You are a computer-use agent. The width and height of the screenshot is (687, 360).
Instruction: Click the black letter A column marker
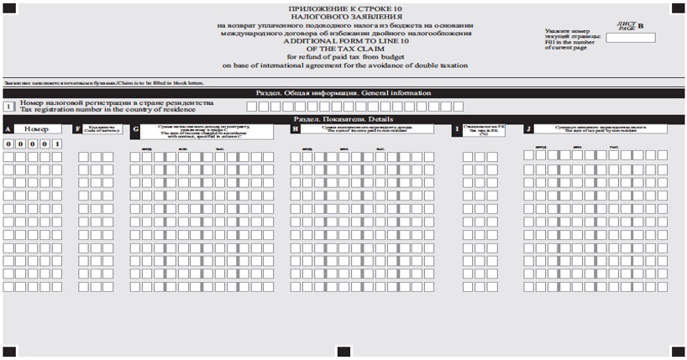point(8,129)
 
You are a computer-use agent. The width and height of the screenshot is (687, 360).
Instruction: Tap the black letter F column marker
point(78,129)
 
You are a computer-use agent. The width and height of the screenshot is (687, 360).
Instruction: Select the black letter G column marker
point(136,129)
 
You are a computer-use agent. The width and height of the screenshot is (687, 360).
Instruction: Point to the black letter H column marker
point(295,129)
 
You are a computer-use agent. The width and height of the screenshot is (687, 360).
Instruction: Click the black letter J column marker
point(527,129)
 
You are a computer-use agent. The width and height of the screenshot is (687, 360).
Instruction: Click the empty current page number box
point(637,37)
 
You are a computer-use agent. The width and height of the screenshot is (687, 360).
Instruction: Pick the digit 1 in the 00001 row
point(56,144)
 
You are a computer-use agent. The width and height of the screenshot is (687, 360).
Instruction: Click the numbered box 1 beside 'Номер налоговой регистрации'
point(8,107)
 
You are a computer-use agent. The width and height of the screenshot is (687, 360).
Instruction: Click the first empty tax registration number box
point(252,107)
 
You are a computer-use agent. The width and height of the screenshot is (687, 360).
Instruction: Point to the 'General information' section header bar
point(343,93)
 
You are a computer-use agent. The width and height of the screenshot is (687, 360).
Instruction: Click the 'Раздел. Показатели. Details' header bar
point(343,119)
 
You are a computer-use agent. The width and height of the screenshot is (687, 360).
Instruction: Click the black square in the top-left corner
point(8,8)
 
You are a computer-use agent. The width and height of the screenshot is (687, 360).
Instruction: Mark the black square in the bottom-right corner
point(678,352)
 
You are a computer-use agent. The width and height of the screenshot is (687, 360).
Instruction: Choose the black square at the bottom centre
point(343,352)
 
